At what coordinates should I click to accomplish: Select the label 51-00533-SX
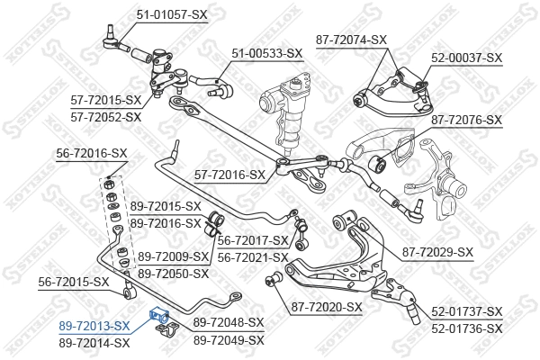(267, 53)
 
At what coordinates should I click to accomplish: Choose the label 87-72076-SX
(467, 119)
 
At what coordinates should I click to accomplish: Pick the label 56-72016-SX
(89, 154)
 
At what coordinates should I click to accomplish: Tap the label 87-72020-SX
(326, 308)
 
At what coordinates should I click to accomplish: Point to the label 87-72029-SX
(437, 251)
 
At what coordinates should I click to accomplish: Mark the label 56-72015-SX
(74, 282)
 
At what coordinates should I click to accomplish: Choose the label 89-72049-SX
(228, 339)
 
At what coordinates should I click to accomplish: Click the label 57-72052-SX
(105, 117)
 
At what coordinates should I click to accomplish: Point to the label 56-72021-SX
(252, 256)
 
